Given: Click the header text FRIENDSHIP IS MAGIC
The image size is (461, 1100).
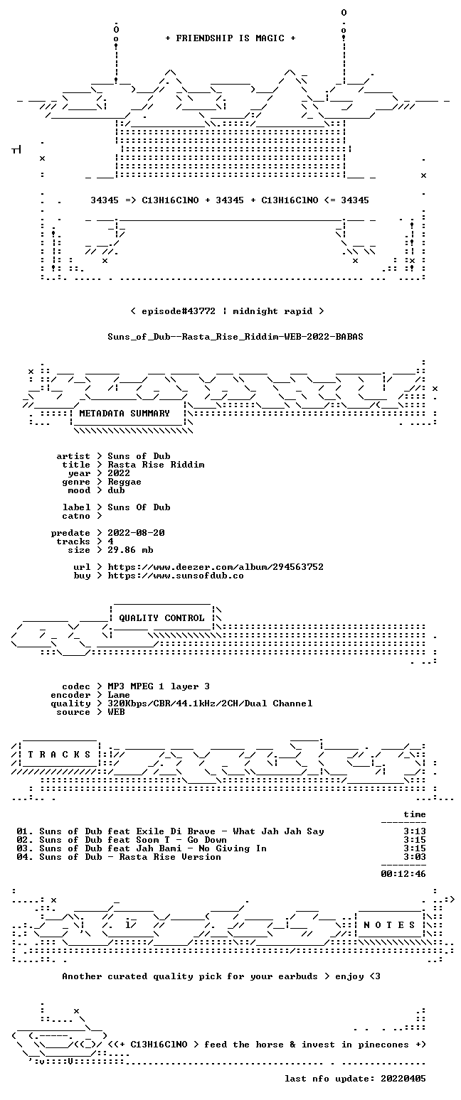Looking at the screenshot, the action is (230, 38).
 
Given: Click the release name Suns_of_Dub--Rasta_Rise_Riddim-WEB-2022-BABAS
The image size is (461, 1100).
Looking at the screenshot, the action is (235, 337).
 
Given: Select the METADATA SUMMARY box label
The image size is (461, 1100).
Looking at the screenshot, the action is (124, 414).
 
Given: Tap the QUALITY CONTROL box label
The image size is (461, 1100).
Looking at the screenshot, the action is (161, 618).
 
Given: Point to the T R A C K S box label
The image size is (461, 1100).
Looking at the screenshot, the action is (60, 755).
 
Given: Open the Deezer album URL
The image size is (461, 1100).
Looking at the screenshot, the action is (216, 567).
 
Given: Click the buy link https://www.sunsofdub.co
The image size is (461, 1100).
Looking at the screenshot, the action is (176, 576).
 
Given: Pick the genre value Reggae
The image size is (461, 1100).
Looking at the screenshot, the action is (124, 482).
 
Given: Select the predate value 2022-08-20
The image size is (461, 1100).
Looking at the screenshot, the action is (136, 533).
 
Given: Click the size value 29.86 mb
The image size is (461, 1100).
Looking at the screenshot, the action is (130, 550).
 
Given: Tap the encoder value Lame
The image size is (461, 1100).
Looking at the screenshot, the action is (119, 695).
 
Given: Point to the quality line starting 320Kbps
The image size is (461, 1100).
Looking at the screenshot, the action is (210, 703).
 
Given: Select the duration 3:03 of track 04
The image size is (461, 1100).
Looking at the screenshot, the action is (415, 857).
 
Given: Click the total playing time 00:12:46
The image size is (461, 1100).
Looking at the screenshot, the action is (403, 874).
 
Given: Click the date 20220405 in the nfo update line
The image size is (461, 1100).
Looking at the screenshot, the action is (403, 1079).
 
